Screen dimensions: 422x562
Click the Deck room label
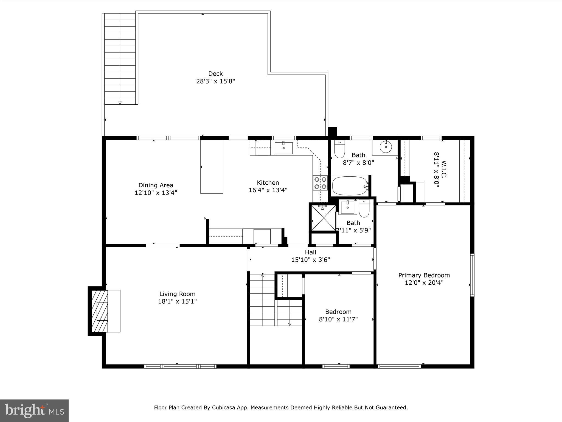pyautogui.click(x=215, y=74)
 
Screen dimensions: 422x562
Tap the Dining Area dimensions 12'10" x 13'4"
pyautogui.click(x=156, y=193)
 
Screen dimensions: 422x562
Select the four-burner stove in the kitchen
pyautogui.click(x=320, y=183)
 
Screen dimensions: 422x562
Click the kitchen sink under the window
pyautogui.click(x=283, y=148)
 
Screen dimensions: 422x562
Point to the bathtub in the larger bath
pyautogui.click(x=349, y=186)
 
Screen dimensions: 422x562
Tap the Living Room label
pyautogui.click(x=177, y=294)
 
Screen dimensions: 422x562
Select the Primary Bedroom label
pyautogui.click(x=424, y=275)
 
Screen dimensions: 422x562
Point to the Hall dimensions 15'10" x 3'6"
pyautogui.click(x=310, y=260)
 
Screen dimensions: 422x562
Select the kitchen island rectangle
pyautogui.click(x=212, y=167)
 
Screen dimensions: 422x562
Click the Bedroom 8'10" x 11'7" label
pyautogui.click(x=338, y=312)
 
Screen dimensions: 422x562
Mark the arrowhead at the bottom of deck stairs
pyautogui.click(x=120, y=103)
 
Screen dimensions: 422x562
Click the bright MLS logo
pyautogui.click(x=34, y=410)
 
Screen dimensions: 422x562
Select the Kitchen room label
pyautogui.click(x=268, y=183)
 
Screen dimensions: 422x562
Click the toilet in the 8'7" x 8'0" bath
pyautogui.click(x=339, y=149)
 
